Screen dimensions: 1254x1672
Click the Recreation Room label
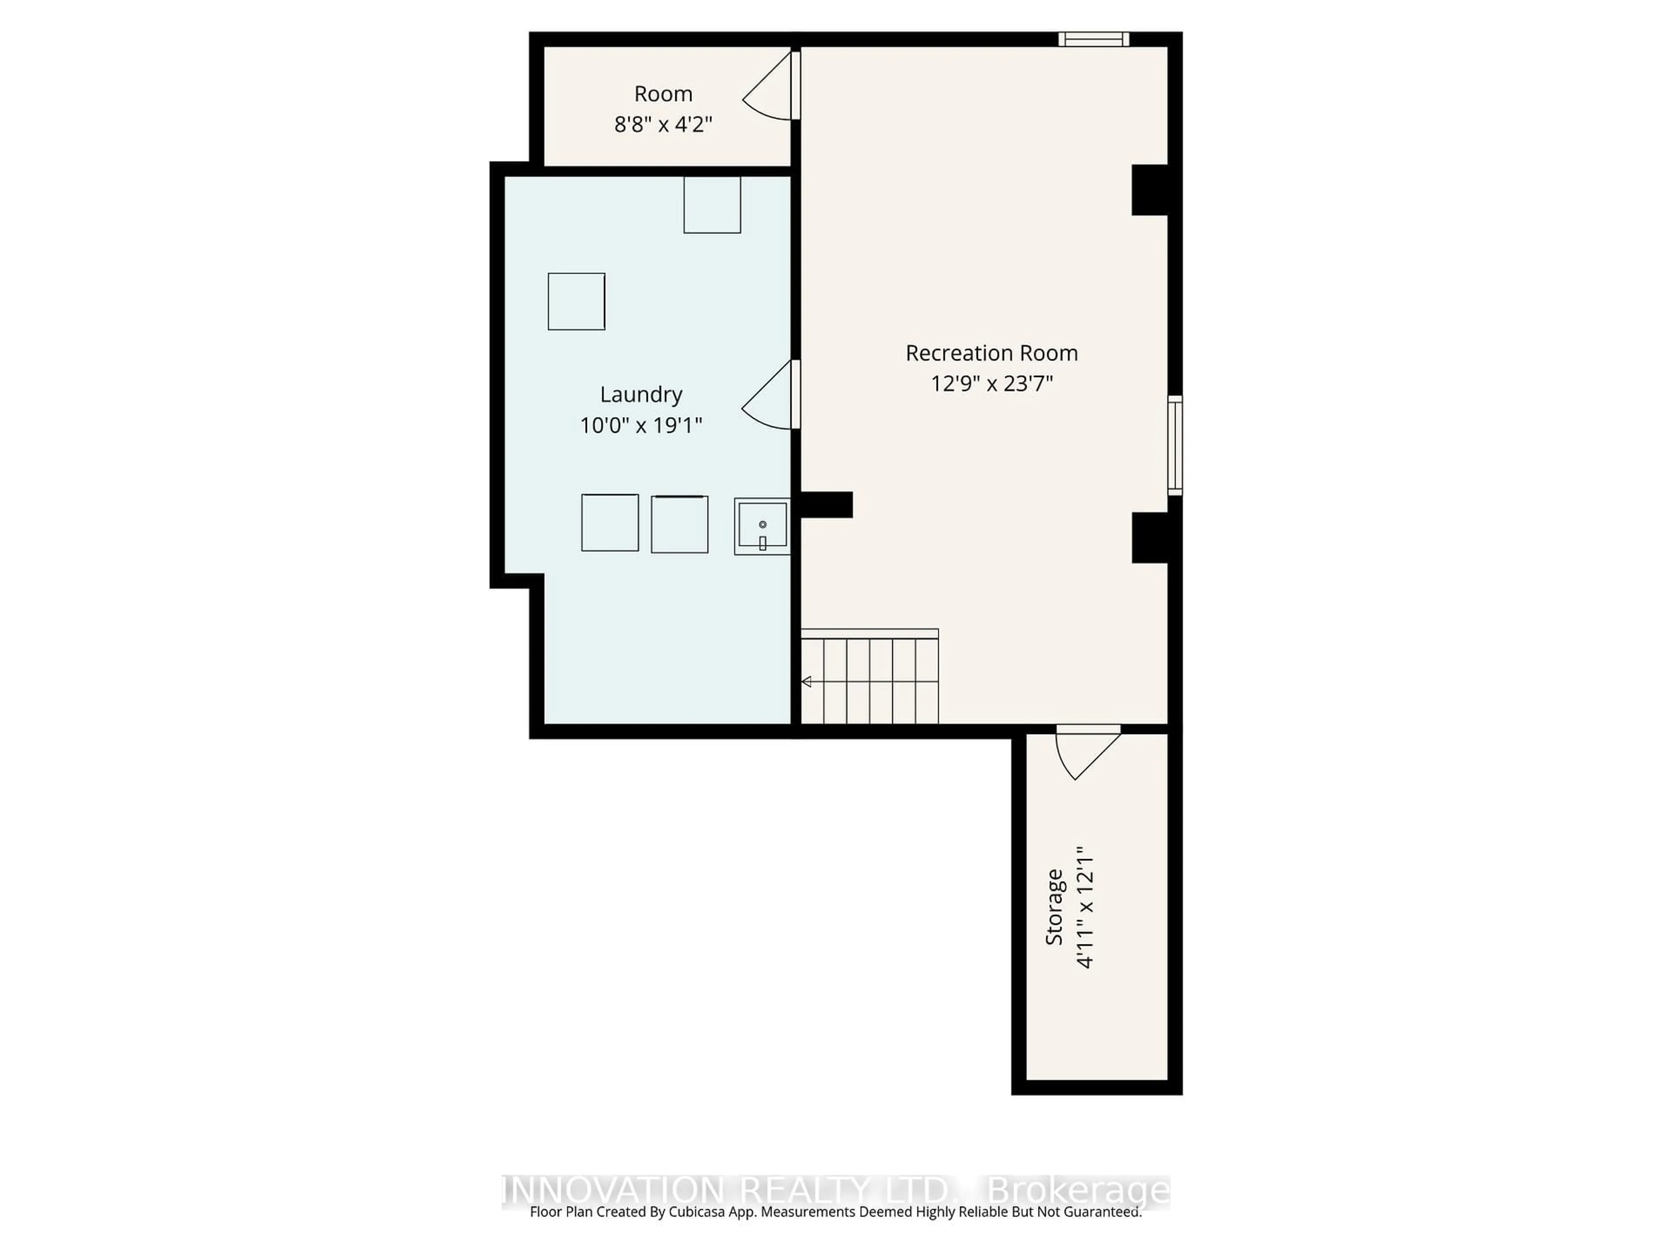991,353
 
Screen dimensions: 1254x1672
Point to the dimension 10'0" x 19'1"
641,425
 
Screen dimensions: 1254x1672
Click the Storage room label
1054,907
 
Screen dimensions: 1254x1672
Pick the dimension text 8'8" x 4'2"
663,124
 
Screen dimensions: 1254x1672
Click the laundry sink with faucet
762,526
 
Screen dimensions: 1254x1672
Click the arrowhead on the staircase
806,682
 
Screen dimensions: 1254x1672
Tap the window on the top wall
1093,39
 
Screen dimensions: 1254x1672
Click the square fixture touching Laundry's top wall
712,205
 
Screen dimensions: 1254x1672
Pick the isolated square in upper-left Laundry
576,302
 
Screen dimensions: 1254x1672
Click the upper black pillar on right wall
1149,190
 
